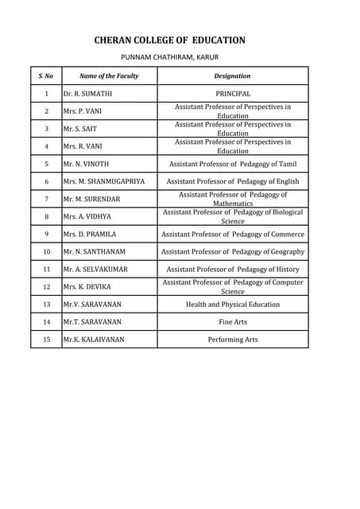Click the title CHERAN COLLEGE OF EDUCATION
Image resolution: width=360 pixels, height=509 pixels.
(x=169, y=40)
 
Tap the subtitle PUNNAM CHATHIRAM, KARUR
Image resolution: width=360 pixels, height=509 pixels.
(x=168, y=57)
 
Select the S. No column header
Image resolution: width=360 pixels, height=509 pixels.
(x=46, y=76)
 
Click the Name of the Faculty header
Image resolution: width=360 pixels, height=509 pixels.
(x=109, y=76)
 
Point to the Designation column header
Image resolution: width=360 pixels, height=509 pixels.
(x=232, y=76)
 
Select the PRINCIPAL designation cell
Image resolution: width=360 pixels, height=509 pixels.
(x=232, y=94)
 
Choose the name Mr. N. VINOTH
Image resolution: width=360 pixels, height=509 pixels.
(x=86, y=164)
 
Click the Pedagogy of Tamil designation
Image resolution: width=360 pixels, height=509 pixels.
(x=232, y=164)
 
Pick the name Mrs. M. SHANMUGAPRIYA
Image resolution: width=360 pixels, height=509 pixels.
(x=103, y=181)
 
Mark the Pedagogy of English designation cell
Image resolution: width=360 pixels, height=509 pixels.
(x=232, y=181)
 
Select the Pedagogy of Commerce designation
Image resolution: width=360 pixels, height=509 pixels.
(x=232, y=234)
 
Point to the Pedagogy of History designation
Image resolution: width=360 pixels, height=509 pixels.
(x=232, y=269)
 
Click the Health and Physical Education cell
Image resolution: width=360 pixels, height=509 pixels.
(x=232, y=304)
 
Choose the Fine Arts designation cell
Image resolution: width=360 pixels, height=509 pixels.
(x=232, y=321)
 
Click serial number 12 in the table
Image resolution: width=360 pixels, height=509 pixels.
(x=46, y=286)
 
